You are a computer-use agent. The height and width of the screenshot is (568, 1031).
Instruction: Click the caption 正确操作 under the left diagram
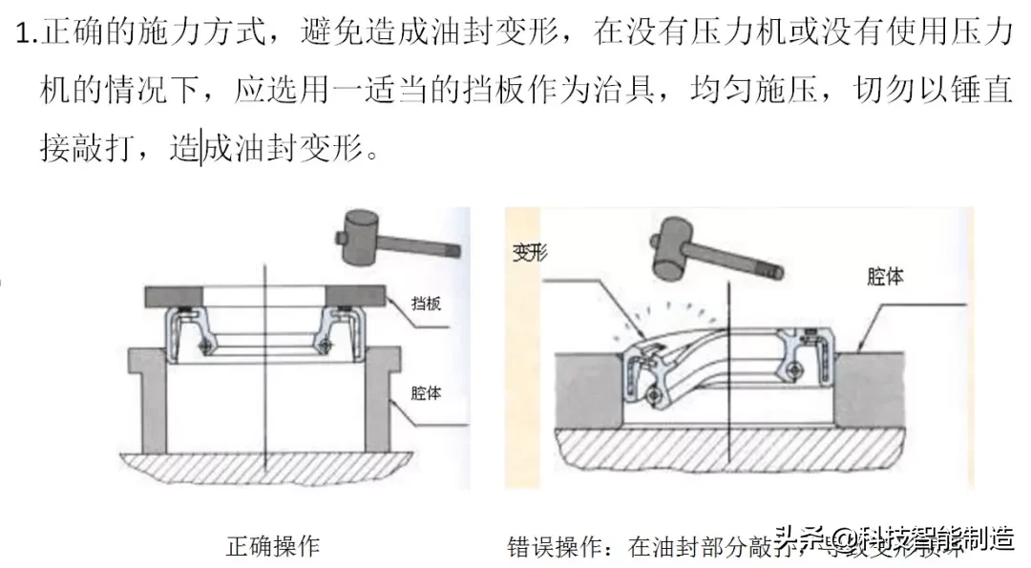[x=272, y=546]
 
